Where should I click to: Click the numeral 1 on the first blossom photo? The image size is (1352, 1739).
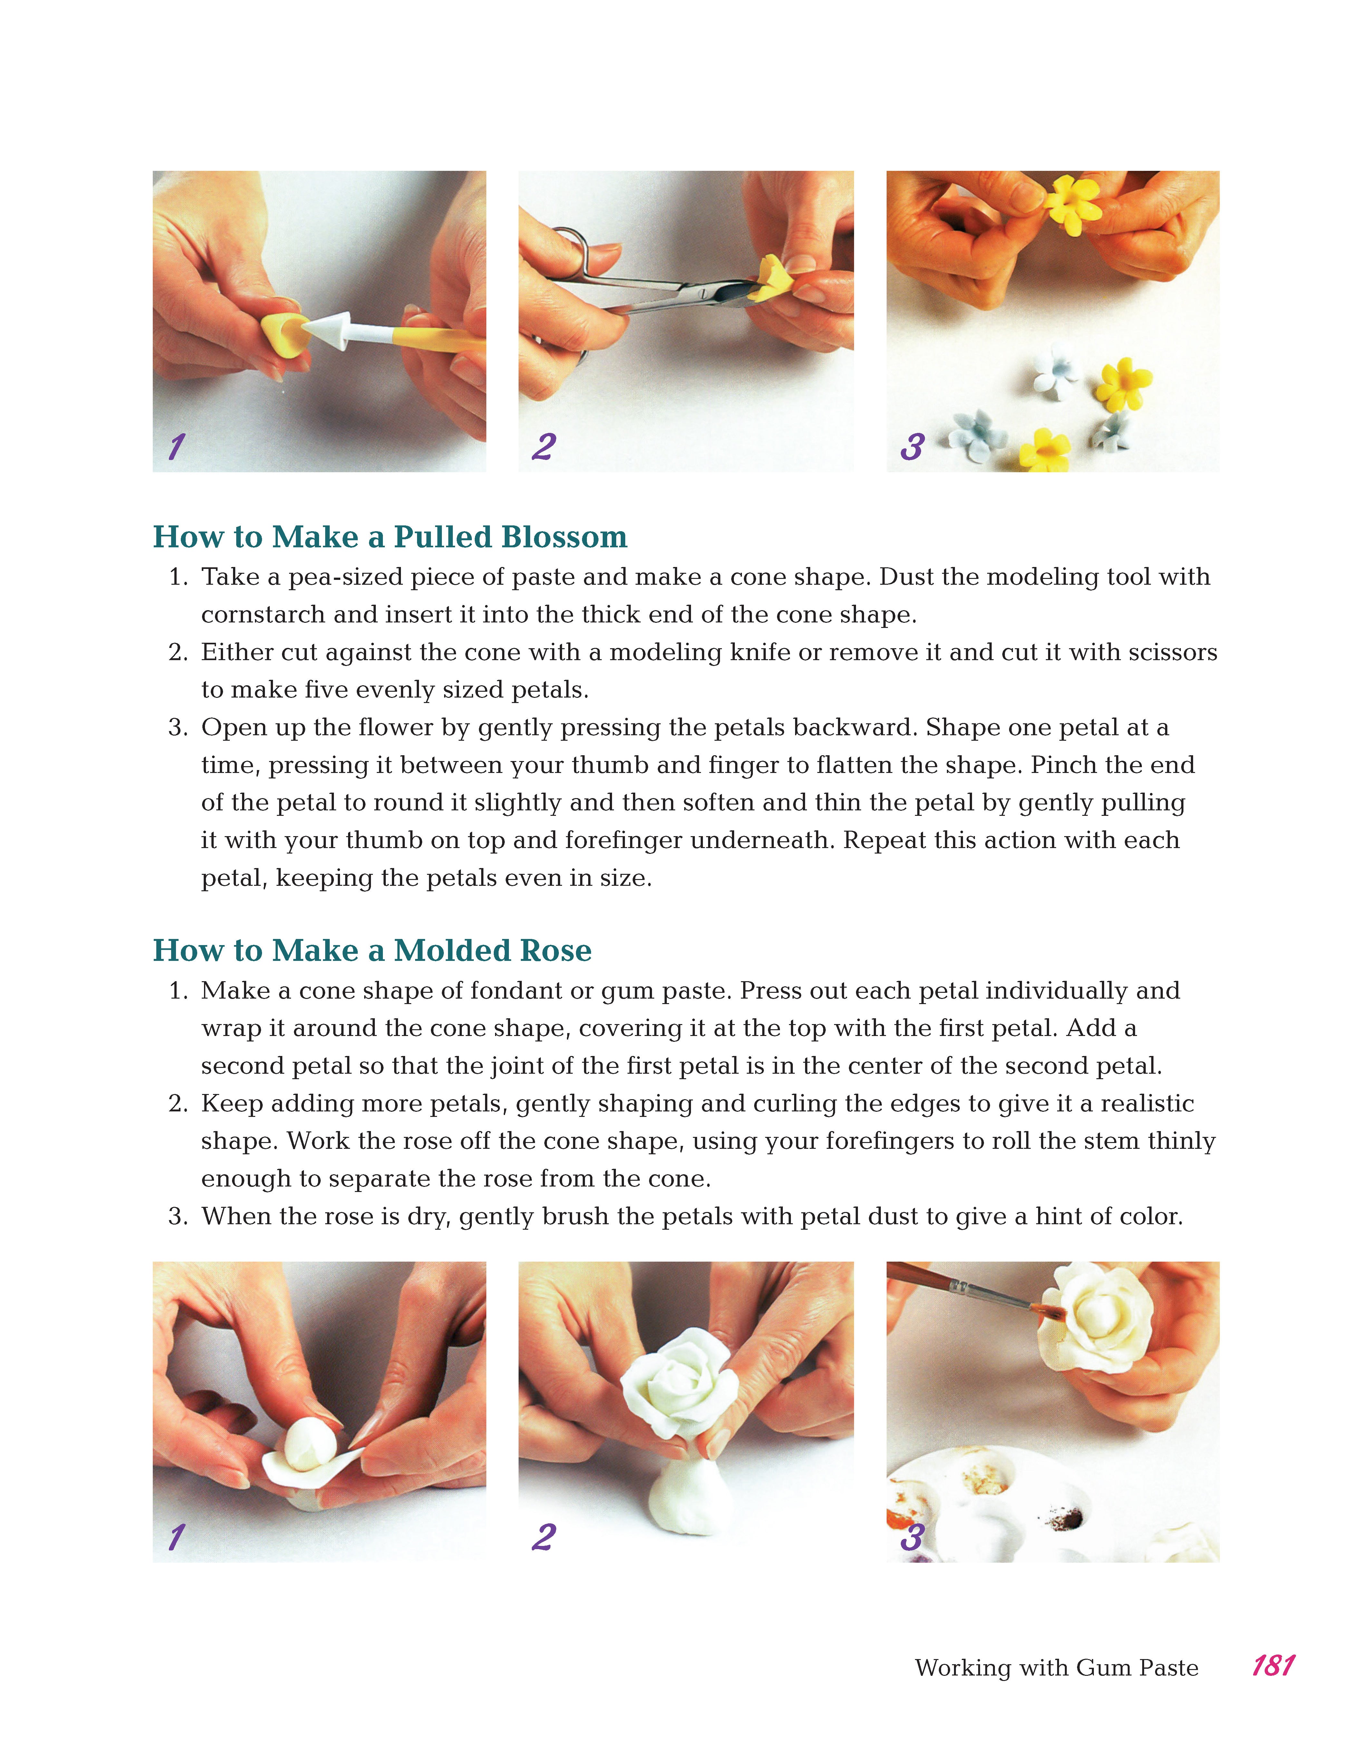coord(176,447)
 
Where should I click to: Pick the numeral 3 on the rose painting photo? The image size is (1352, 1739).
coord(912,1538)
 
